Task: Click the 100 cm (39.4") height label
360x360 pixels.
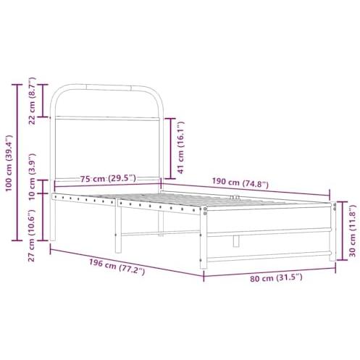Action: pyautogui.click(x=9, y=163)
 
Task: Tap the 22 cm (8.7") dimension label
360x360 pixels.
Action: pyautogui.click(x=32, y=101)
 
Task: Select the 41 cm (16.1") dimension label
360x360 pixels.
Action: pyautogui.click(x=181, y=147)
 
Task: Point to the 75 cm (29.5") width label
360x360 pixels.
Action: pyautogui.click(x=108, y=179)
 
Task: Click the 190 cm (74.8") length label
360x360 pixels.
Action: pyautogui.click(x=240, y=183)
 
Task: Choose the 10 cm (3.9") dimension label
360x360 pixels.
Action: pyautogui.click(x=32, y=176)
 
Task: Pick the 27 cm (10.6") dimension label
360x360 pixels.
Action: pyautogui.click(x=32, y=236)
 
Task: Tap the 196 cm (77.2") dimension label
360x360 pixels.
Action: pyautogui.click(x=117, y=267)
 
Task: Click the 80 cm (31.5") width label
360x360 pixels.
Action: pyautogui.click(x=276, y=277)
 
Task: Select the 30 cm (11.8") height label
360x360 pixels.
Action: pyautogui.click(x=353, y=231)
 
